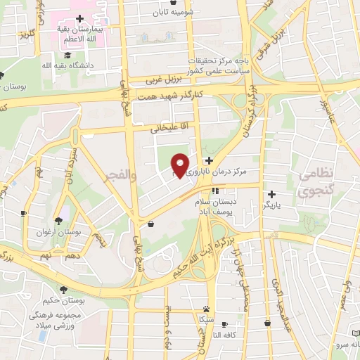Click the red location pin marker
[x=181, y=165]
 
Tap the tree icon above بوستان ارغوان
[x=67, y=221]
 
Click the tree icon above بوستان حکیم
[x=63, y=290]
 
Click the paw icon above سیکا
[x=206, y=308]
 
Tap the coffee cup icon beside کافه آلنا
[x=224, y=324]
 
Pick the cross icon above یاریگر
[x=271, y=193]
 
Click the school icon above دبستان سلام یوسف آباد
[x=215, y=190]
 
